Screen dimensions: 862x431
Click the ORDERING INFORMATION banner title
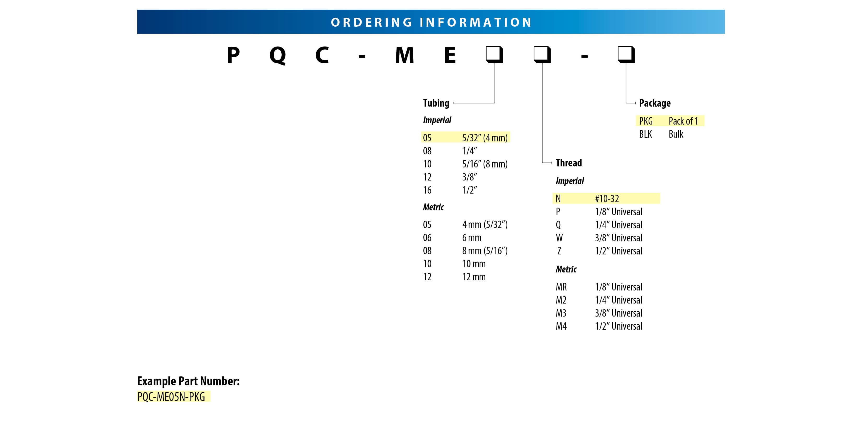point(431,22)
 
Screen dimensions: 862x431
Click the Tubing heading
point(436,103)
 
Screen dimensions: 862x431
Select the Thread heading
point(569,163)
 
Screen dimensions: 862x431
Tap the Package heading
point(655,103)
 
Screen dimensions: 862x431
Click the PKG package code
point(645,121)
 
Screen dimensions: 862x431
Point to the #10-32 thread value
point(607,199)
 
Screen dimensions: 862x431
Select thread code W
point(559,238)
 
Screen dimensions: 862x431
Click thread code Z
point(559,251)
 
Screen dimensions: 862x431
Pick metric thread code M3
point(561,313)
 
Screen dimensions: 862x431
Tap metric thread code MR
point(561,287)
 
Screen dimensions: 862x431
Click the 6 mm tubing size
point(472,238)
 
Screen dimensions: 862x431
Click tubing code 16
point(427,190)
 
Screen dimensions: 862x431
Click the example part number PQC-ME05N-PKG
point(171,397)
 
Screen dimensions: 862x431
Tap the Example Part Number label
point(188,381)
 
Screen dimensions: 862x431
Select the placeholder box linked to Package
point(626,55)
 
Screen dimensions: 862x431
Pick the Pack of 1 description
point(683,121)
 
